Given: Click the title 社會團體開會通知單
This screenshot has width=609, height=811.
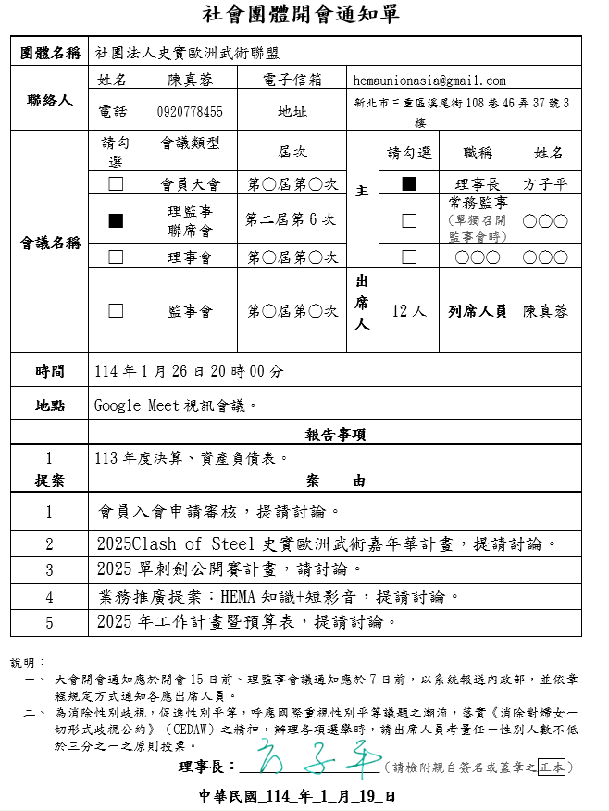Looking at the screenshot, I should (x=303, y=14).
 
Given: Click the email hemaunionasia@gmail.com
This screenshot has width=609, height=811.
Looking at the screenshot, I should (x=429, y=81).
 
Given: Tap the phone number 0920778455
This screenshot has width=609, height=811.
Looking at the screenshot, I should (x=190, y=112).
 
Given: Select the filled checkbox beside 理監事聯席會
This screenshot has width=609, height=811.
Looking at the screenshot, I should (x=116, y=220).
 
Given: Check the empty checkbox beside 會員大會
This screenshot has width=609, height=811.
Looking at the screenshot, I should (x=116, y=183).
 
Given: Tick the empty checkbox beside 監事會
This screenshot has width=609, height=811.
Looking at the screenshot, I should (x=116, y=311).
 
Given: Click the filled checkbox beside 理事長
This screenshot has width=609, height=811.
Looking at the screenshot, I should (x=409, y=183).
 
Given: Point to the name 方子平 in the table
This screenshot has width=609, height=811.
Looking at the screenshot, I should (x=545, y=184).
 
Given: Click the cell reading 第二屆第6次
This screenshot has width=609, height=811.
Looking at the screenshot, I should (x=291, y=220).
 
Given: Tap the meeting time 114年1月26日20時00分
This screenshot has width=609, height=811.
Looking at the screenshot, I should (x=190, y=371).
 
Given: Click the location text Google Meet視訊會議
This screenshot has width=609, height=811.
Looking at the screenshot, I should (x=175, y=405).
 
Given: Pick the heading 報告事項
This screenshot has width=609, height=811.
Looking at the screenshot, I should (x=335, y=434).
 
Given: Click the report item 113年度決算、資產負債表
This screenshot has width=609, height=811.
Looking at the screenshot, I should (x=193, y=457).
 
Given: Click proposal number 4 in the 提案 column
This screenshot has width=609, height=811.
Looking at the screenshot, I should (x=49, y=597).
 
